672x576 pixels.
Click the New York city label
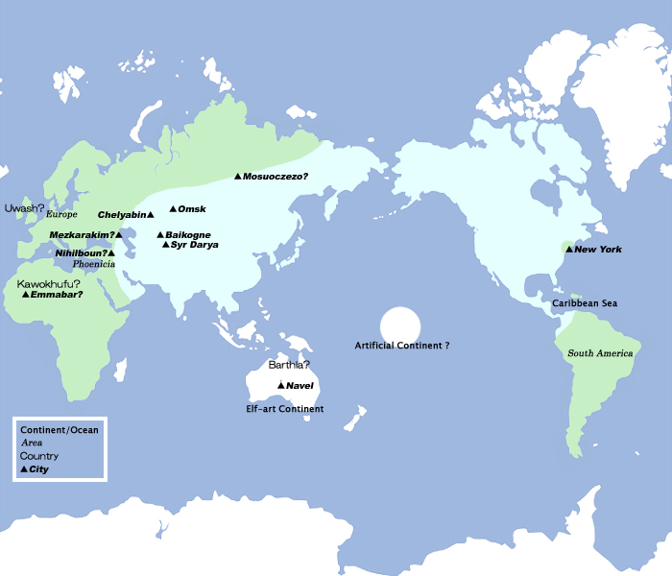[x=598, y=250]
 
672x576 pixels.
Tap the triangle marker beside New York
[x=568, y=250]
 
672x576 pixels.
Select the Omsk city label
[x=192, y=209]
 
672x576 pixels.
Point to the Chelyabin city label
[x=121, y=215]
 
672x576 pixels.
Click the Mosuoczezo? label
[x=276, y=177]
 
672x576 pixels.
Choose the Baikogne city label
[x=188, y=235]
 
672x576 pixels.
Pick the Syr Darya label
[x=196, y=245]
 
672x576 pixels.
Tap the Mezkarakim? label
[x=82, y=234]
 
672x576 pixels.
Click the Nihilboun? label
[x=81, y=252]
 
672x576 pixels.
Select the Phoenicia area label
[x=94, y=264]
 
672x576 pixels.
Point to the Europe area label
[x=61, y=214]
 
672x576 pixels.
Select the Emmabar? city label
[x=57, y=294]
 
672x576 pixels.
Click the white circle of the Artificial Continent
[x=400, y=324]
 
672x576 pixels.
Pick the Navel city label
[x=300, y=386]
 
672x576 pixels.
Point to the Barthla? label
[x=289, y=365]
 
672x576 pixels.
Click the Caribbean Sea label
[x=585, y=303]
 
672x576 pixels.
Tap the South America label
[x=600, y=353]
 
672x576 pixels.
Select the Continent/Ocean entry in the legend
[x=60, y=430]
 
